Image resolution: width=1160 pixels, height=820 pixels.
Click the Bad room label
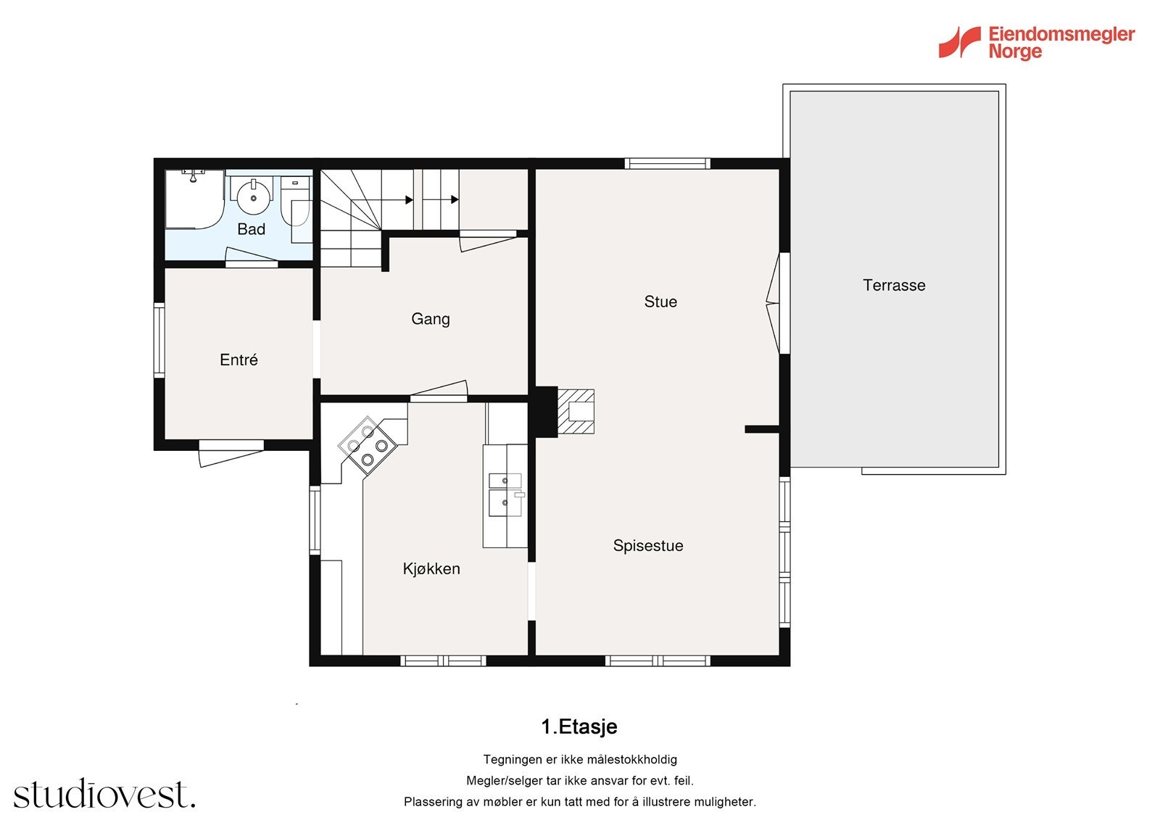[x=251, y=229]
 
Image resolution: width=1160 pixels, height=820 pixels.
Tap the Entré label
[x=239, y=360]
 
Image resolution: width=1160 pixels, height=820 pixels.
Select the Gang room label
[x=431, y=318]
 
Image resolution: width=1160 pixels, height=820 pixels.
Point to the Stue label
[x=660, y=302]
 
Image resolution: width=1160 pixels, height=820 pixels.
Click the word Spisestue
[x=648, y=545]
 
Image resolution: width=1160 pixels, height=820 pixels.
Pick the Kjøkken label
[x=431, y=568]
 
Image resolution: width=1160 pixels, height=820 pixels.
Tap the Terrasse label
[x=894, y=285]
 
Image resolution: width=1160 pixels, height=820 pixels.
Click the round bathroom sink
[x=254, y=195]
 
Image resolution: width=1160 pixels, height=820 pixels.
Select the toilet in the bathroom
[x=296, y=204]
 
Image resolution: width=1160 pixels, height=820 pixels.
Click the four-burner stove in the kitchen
[x=368, y=445]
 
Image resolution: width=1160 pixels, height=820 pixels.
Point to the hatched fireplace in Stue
[x=576, y=411]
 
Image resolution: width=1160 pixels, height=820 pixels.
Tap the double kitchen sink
[x=505, y=494]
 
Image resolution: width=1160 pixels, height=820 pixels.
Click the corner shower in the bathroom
[x=194, y=199]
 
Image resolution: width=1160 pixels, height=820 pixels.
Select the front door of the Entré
[x=231, y=453]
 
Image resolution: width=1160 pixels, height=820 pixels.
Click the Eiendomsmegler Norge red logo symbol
[x=959, y=42]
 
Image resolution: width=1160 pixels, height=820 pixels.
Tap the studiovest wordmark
[x=104, y=793]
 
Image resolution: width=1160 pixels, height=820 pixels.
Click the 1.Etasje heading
[x=579, y=726]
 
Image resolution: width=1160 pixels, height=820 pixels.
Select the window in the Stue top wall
[x=667, y=164]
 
